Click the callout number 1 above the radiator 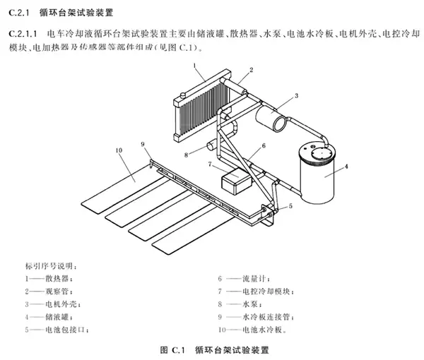[192, 65]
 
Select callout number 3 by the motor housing [297, 95]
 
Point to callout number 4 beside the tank [346, 168]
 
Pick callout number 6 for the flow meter [263, 146]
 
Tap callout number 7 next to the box [210, 165]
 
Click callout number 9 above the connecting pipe [143, 144]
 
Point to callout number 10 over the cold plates [118, 150]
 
